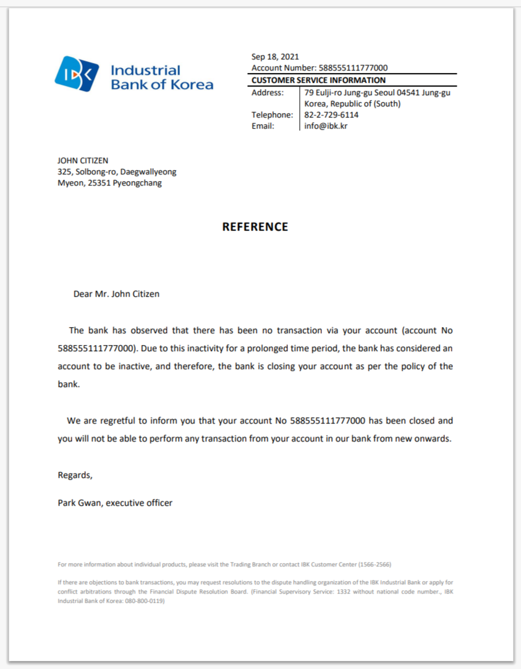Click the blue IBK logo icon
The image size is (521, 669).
[x=77, y=74]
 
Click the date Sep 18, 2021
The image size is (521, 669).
[x=275, y=57]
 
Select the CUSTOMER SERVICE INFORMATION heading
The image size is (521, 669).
[x=318, y=80]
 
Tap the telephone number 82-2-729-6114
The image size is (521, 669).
[x=331, y=115]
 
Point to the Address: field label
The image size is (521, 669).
[x=268, y=93]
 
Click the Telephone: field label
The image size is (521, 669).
[x=272, y=115]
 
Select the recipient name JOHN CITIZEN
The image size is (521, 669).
[x=83, y=161]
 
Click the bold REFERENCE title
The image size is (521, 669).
[x=255, y=227]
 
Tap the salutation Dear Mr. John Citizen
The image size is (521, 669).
[x=116, y=294]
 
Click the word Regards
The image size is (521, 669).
[x=75, y=475]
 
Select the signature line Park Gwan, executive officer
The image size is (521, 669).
[x=115, y=503]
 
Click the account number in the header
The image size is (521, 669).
[x=353, y=68]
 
